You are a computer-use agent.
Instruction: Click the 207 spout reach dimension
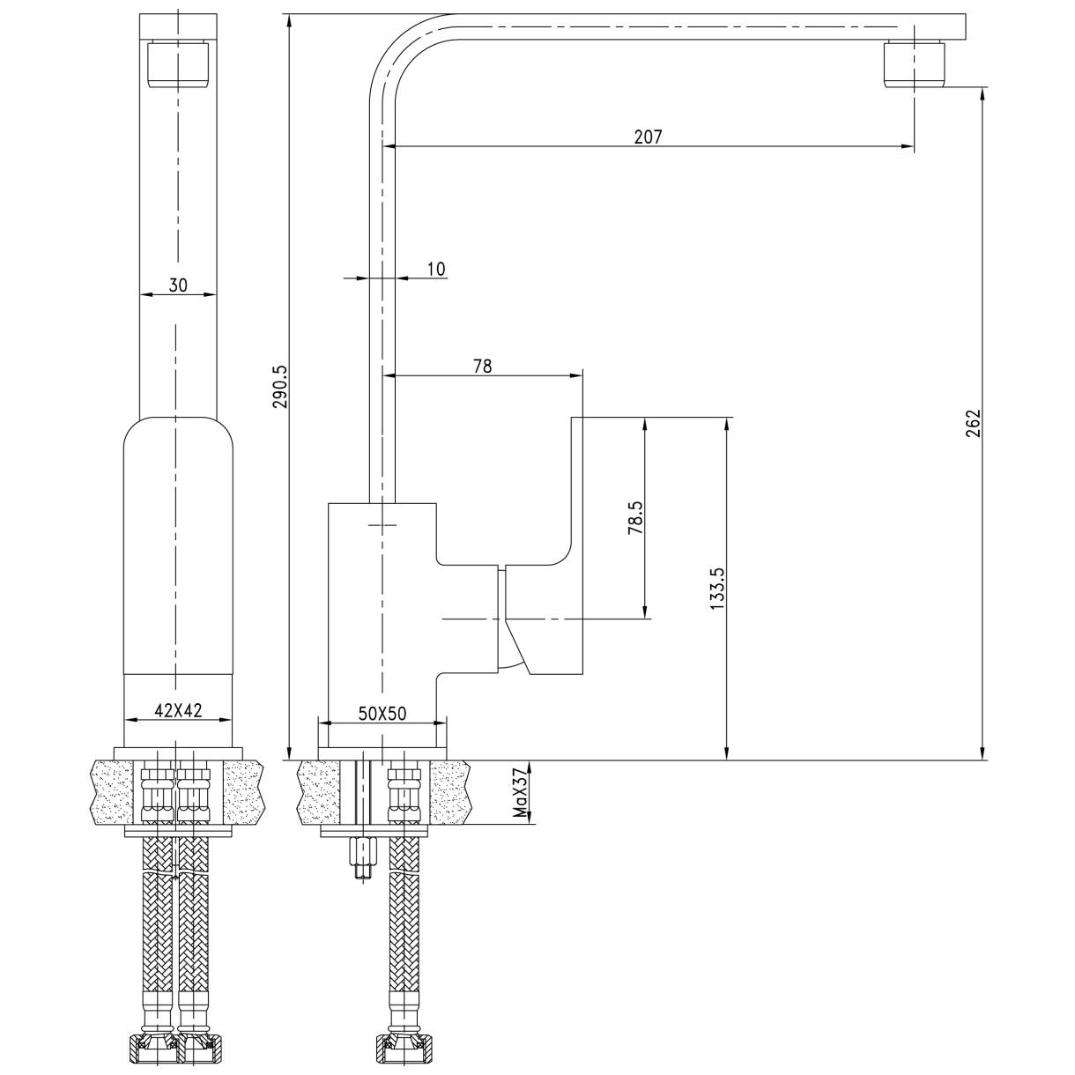(x=647, y=137)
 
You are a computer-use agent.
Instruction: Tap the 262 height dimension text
(x=972, y=423)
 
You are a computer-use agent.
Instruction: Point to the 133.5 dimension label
(x=715, y=588)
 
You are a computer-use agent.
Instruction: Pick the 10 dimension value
(x=436, y=269)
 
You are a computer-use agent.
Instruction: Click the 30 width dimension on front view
(x=178, y=285)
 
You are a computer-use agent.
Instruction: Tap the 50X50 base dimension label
(x=382, y=714)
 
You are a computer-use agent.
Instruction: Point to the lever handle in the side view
(x=546, y=617)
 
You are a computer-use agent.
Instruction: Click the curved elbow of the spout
(x=397, y=48)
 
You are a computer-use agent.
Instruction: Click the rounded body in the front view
(x=178, y=546)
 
